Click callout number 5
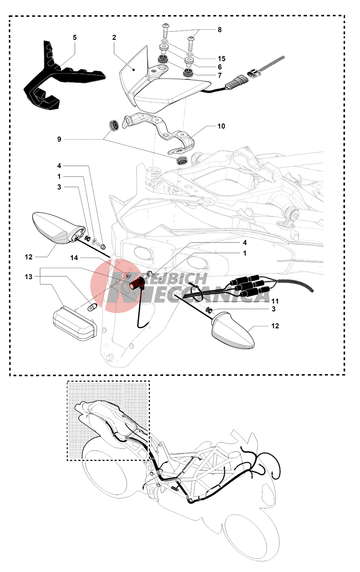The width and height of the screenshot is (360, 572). point(75,37)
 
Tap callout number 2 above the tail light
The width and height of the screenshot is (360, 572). point(114,37)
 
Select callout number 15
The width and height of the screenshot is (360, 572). point(221,59)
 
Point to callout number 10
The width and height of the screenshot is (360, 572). point(221,126)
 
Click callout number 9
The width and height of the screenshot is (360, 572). point(59,139)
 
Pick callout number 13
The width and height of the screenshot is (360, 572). point(28,277)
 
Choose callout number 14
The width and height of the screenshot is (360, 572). point(74,258)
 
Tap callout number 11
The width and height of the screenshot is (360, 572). point(275,301)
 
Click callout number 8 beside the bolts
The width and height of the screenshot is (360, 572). point(219,30)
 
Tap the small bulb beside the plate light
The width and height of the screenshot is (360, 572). point(92,307)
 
